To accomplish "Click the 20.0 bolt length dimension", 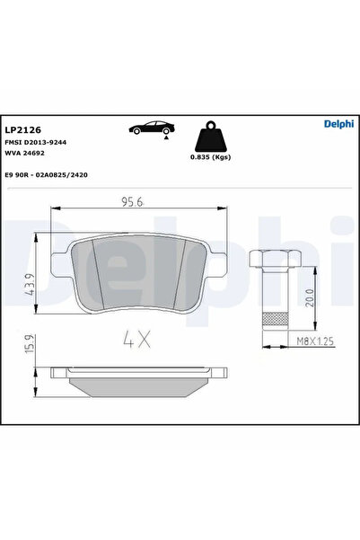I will click(x=310, y=296).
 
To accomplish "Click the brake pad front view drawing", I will click(x=135, y=274).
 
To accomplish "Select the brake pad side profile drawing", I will click(x=135, y=382).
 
